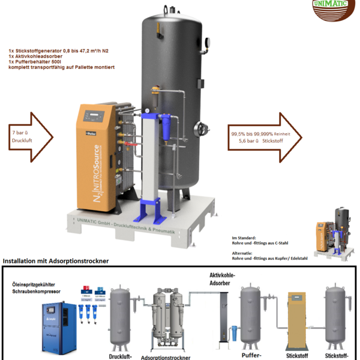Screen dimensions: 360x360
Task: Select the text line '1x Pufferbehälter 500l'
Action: click(x=35, y=62)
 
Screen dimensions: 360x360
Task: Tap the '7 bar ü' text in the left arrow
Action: click(x=20, y=131)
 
